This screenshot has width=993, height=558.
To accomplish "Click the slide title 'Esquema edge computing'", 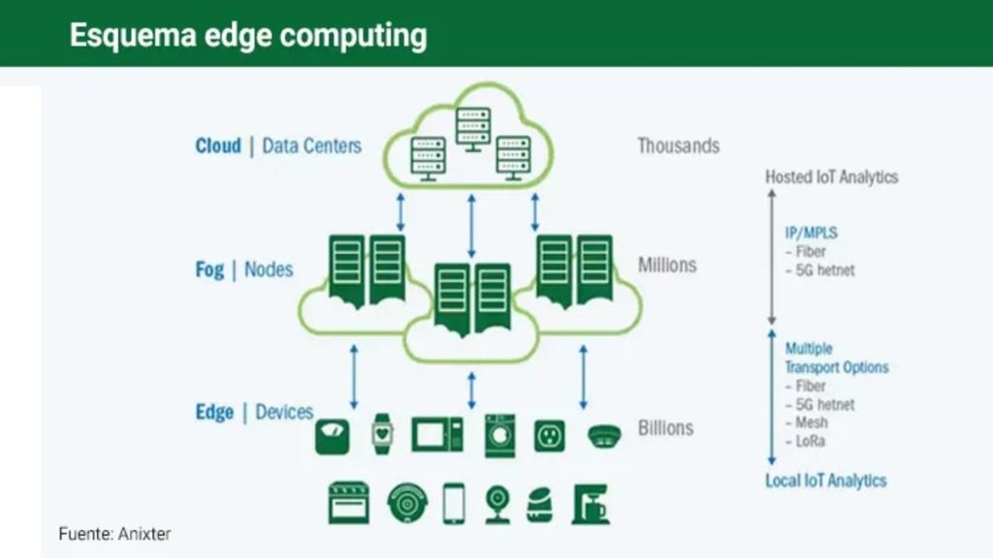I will tap(248, 35).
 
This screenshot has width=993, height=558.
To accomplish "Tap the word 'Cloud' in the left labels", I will tap(218, 146).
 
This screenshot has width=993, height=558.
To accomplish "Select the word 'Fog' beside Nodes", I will tap(209, 269).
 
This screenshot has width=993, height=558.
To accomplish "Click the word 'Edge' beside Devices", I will tap(214, 413).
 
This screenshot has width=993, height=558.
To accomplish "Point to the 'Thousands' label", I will tap(678, 146).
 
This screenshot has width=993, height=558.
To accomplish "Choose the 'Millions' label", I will tap(667, 264).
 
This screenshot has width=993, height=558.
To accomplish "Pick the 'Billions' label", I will tap(665, 427).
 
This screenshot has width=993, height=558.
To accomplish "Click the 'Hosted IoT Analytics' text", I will tap(831, 177).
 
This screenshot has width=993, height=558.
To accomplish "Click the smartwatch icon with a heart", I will tap(383, 433).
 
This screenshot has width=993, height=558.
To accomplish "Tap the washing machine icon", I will tap(500, 435).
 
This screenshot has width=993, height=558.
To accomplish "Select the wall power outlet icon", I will tap(550, 435).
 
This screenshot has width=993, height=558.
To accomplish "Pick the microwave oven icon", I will tap(437, 434).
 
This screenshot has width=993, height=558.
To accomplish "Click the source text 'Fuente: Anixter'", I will tap(114, 534).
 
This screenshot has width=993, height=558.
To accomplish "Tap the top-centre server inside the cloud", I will tap(473, 126).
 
